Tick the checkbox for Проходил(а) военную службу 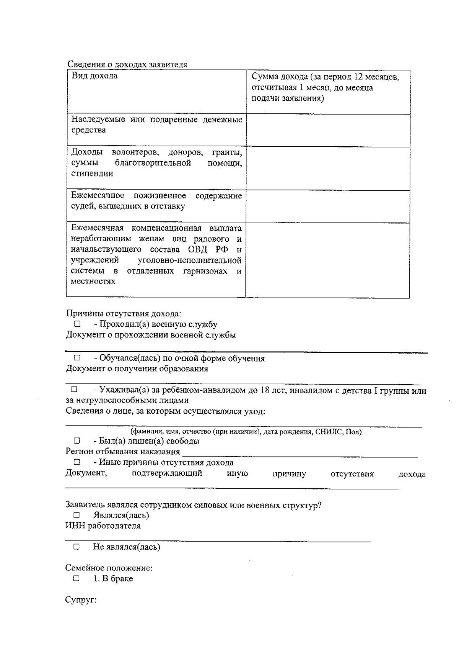pyautogui.click(x=77, y=324)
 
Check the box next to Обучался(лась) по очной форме pyautogui.click(x=77, y=358)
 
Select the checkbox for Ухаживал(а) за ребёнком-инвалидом pyautogui.click(x=74, y=390)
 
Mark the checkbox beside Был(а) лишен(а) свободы pyautogui.click(x=77, y=441)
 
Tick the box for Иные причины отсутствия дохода pyautogui.click(x=77, y=462)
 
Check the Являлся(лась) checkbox pyautogui.click(x=76, y=515)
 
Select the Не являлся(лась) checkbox pyautogui.click(x=76, y=547)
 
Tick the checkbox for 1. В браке pyautogui.click(x=76, y=578)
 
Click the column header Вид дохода pyautogui.click(x=94, y=76)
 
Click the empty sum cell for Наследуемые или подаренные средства pyautogui.click(x=328, y=130)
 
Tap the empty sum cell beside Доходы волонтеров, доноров pyautogui.click(x=328, y=168)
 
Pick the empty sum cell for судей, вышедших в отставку pyautogui.click(x=328, y=206)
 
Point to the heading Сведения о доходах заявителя pyautogui.click(x=127, y=64)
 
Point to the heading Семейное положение pyautogui.click(x=109, y=568)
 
